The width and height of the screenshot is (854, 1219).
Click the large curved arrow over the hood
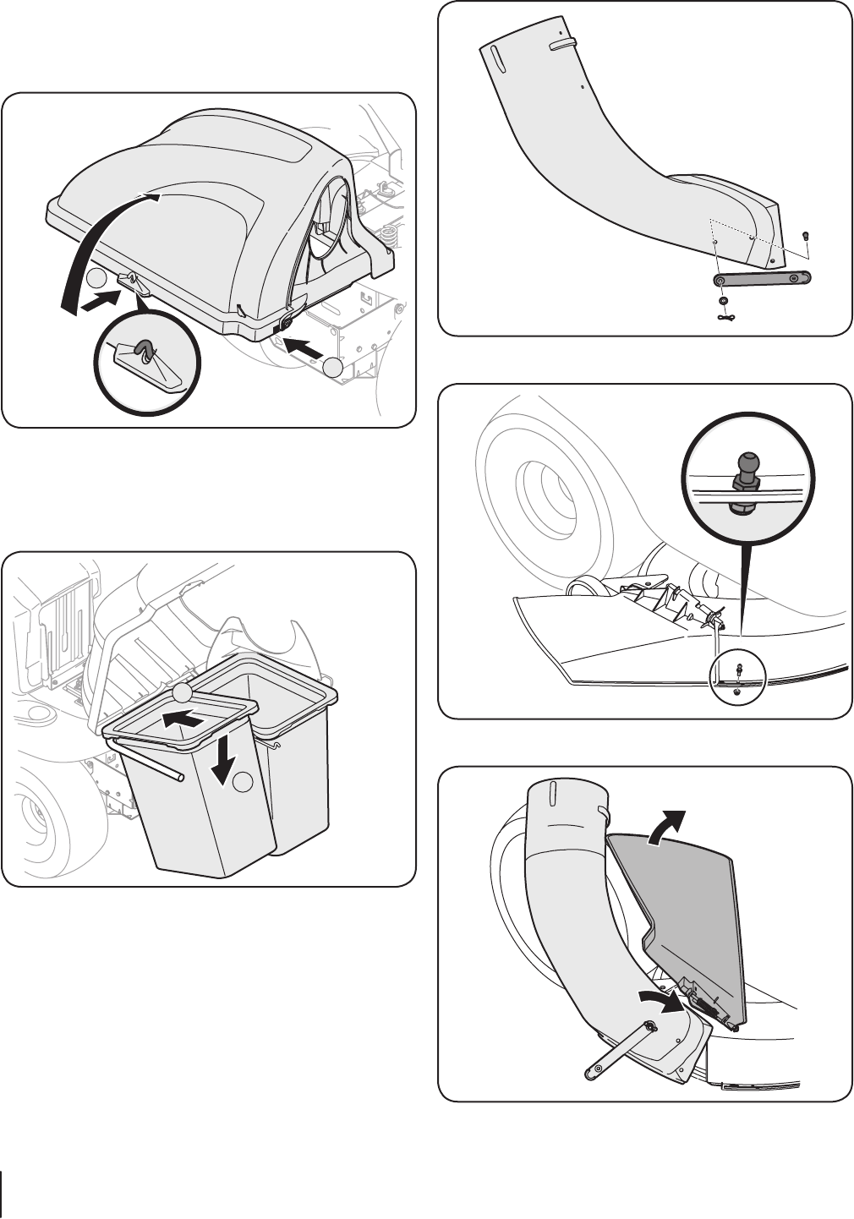pyautogui.click(x=93, y=245)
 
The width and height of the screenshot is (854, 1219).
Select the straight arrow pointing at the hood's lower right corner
pyautogui.click(x=305, y=347)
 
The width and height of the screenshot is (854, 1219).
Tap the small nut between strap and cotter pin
pyautogui.click(x=723, y=301)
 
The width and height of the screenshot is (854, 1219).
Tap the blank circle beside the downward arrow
pyautogui.click(x=244, y=783)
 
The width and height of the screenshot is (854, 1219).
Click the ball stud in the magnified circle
pyautogui.click(x=750, y=467)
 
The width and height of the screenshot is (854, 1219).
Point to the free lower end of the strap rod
pyautogui.click(x=589, y=1076)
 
